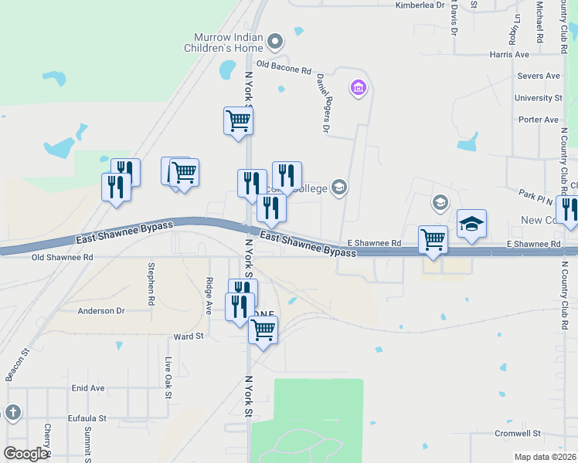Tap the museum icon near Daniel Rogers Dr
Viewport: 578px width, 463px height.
click(358, 90)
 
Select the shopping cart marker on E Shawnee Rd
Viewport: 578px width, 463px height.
click(433, 239)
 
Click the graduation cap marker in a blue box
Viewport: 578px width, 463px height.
click(471, 224)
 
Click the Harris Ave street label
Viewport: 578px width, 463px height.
click(509, 55)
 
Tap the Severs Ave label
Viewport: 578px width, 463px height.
click(539, 76)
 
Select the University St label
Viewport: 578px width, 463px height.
click(539, 98)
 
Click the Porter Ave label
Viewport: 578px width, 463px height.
click(539, 120)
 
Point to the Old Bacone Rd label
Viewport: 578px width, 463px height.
click(283, 68)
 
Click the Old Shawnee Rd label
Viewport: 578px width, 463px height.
click(62, 257)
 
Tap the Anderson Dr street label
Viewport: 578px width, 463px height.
click(100, 311)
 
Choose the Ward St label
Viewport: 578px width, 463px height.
click(189, 336)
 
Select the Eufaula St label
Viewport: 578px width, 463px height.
click(86, 418)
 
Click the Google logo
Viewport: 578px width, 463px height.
click(24, 454)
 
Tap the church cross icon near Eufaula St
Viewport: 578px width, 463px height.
click(12, 413)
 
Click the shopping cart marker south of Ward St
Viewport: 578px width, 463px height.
click(263, 330)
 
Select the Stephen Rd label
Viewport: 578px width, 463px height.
click(151, 282)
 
